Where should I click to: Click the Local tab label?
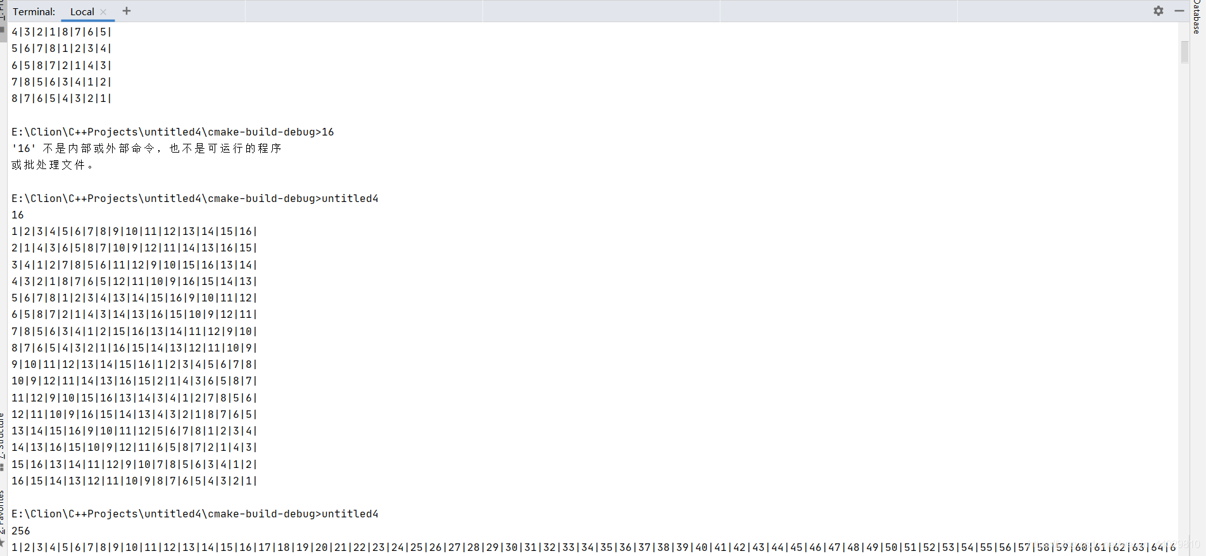tap(82, 11)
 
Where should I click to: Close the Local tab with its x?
tap(103, 11)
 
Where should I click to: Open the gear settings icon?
tap(1159, 11)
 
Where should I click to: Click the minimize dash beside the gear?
tap(1179, 11)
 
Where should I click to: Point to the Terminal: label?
tap(34, 11)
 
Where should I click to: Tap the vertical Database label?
tap(1197, 16)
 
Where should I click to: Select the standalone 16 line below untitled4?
tap(18, 215)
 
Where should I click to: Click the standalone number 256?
tap(21, 531)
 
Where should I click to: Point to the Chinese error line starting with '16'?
tap(146, 148)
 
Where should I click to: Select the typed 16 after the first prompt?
tap(328, 132)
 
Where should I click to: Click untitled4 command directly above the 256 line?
tap(350, 514)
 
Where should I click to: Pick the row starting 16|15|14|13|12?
tap(134, 481)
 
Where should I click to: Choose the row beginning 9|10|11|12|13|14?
tap(134, 364)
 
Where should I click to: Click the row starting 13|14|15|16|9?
tap(134, 431)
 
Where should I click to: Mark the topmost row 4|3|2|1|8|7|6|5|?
tap(61, 32)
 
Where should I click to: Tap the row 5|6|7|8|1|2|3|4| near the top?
tap(61, 48)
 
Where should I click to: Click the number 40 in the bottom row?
tap(701, 547)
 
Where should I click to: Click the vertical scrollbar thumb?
tap(1184, 52)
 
